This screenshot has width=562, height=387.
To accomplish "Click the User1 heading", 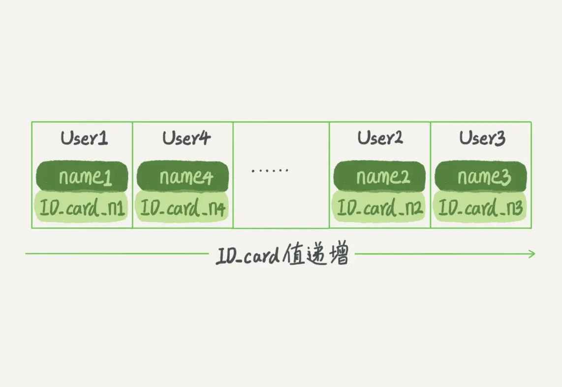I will tap(84, 139).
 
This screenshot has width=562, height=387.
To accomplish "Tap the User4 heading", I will tap(186, 139).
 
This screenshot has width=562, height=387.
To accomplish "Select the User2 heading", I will tap(380, 138).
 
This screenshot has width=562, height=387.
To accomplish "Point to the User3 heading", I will tap(482, 139).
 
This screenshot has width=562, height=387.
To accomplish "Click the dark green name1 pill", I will tap(82, 177).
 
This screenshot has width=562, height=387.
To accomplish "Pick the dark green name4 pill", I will tap(183, 177).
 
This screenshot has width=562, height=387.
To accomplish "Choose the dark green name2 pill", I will tap(380, 177).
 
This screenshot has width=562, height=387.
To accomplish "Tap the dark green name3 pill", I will tap(481, 177).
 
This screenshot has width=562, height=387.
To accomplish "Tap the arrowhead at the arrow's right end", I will tap(531, 254).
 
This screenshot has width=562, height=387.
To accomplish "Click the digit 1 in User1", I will tap(103, 139).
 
